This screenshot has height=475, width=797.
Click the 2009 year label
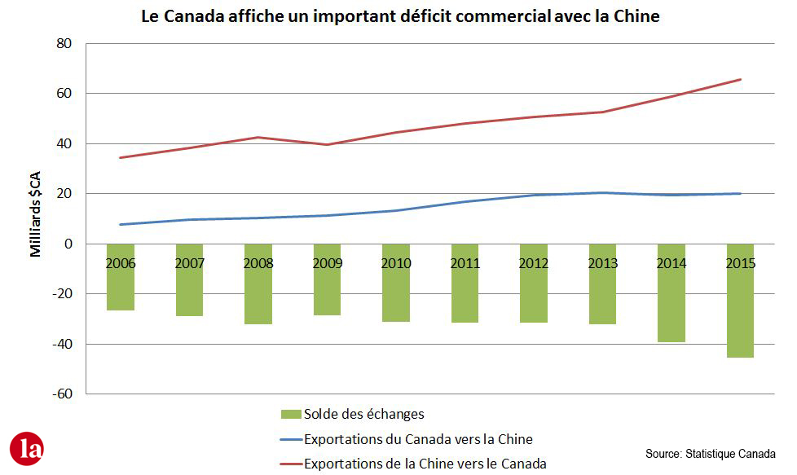pyautogui.click(x=328, y=264)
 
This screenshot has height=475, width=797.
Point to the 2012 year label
pyautogui.click(x=534, y=264)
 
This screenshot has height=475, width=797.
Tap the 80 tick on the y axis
pyautogui.click(x=63, y=43)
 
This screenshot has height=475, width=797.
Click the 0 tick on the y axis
pyautogui.click(x=68, y=244)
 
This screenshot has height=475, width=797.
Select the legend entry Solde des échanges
pyautogui.click(x=363, y=415)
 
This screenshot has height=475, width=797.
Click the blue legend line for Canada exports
pyautogui.click(x=290, y=440)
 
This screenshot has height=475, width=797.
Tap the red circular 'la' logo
pyautogui.click(x=27, y=449)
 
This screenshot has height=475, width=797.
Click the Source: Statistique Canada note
pyautogui.click(x=710, y=453)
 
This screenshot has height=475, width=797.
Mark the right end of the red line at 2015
pyautogui.click(x=740, y=79)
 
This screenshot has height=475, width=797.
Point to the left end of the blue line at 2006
pyautogui.click(x=121, y=224)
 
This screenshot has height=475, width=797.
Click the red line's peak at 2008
pyautogui.click(x=258, y=137)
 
